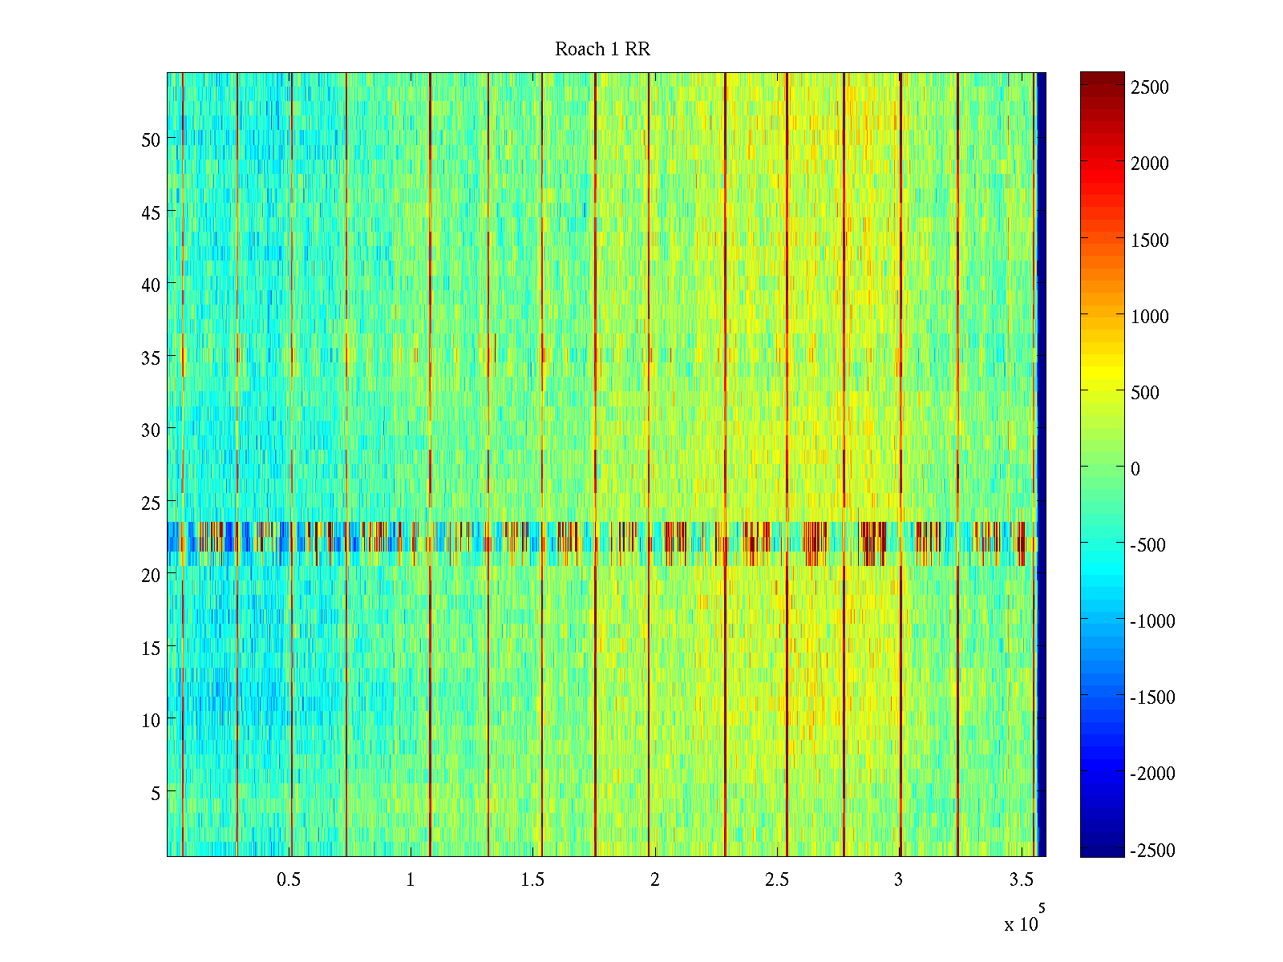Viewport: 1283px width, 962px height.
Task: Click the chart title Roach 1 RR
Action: coord(602,50)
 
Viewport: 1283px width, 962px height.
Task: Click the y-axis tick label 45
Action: coord(151,212)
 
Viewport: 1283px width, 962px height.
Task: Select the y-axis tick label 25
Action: coord(151,503)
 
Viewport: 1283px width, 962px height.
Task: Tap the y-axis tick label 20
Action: coord(151,575)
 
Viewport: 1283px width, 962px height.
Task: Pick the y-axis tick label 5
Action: coord(155,793)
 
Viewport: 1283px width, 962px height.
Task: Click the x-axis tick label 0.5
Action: coord(289,880)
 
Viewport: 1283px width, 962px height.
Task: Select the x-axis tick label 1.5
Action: coord(532,880)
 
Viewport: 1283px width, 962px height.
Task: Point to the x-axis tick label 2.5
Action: coord(777,880)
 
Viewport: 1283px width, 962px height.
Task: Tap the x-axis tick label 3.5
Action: coord(1021,880)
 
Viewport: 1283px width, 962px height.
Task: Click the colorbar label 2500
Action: coord(1150,87)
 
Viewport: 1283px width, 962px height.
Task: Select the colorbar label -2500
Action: coord(1152,851)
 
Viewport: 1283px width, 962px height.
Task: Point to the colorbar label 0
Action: coord(1135,469)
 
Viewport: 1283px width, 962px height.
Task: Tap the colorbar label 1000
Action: coord(1150,317)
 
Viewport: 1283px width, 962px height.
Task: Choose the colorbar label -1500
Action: coord(1152,697)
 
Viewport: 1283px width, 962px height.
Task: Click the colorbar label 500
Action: coord(1145,393)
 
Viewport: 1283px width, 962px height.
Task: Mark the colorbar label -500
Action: coord(1147,545)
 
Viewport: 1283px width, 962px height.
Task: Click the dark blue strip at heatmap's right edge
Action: coord(1042,465)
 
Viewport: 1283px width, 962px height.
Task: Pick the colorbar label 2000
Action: coord(1150,164)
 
